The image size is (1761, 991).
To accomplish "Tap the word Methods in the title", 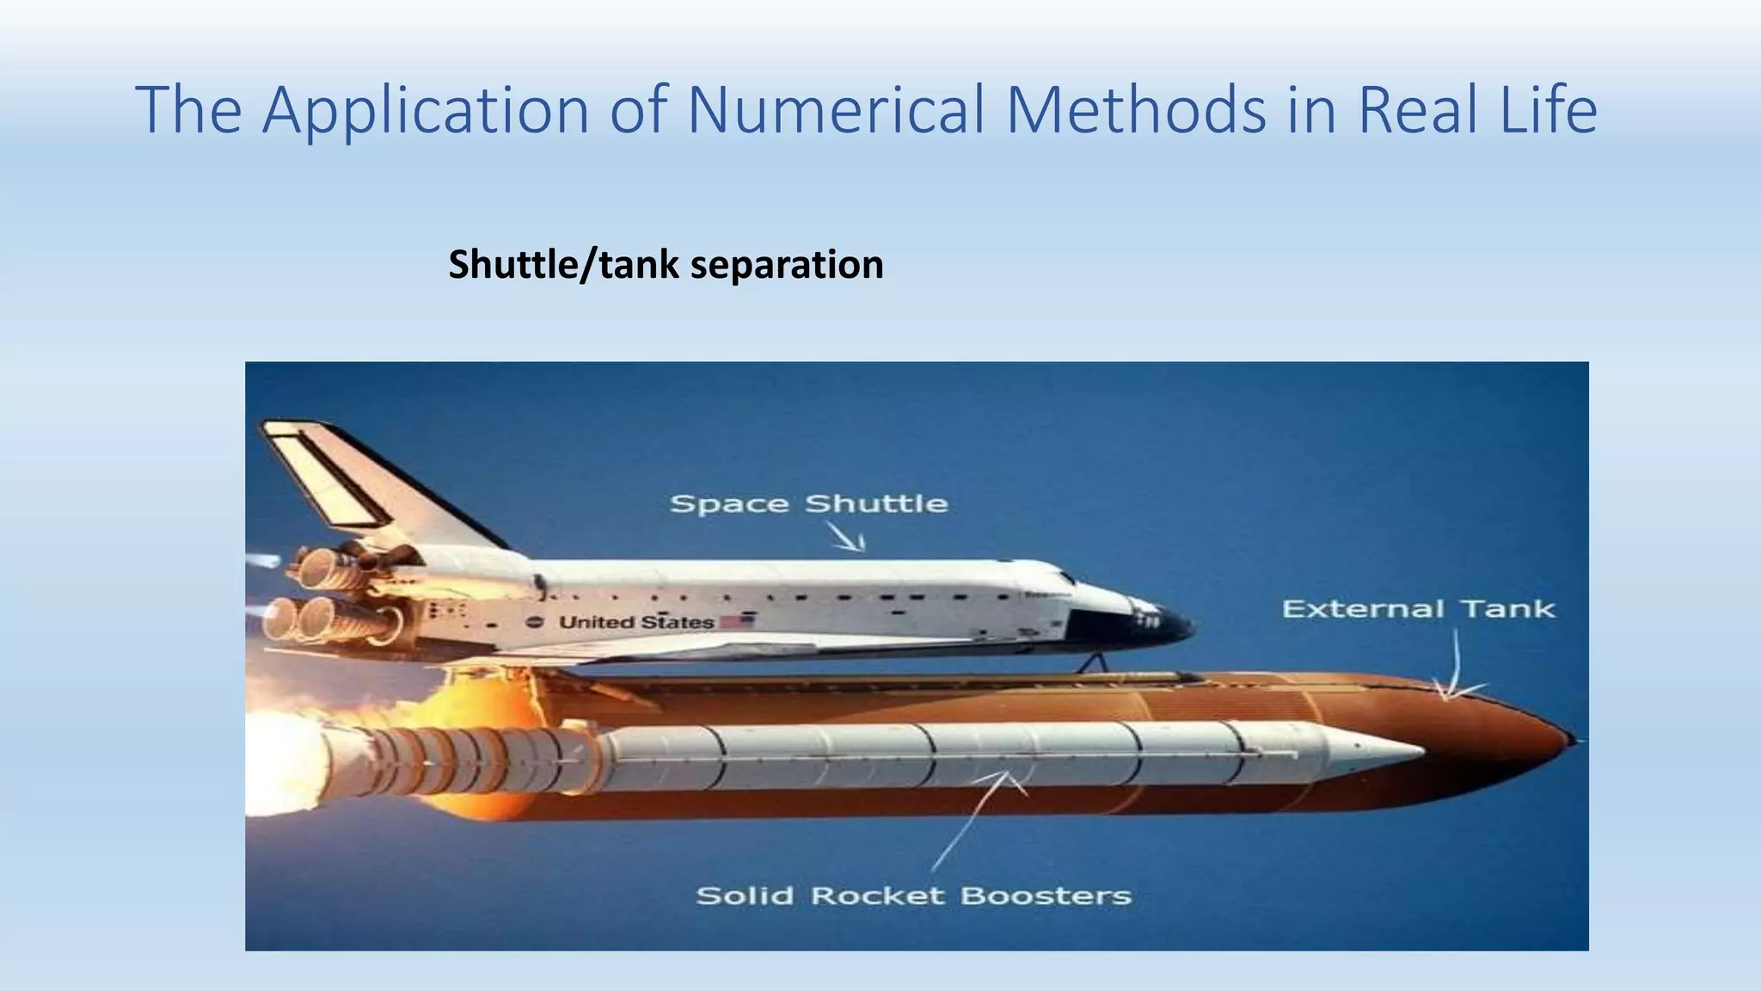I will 1135,110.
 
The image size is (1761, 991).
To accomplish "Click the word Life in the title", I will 1549,110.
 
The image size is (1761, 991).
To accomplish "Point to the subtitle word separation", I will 787,264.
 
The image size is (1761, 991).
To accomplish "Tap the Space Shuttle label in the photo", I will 808,503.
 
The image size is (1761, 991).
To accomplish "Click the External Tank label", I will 1418,609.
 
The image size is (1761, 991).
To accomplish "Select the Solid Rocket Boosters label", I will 913,896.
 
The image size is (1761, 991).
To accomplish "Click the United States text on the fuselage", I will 636,622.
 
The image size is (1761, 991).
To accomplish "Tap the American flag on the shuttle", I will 737,620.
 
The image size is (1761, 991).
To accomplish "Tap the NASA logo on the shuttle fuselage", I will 535,623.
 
